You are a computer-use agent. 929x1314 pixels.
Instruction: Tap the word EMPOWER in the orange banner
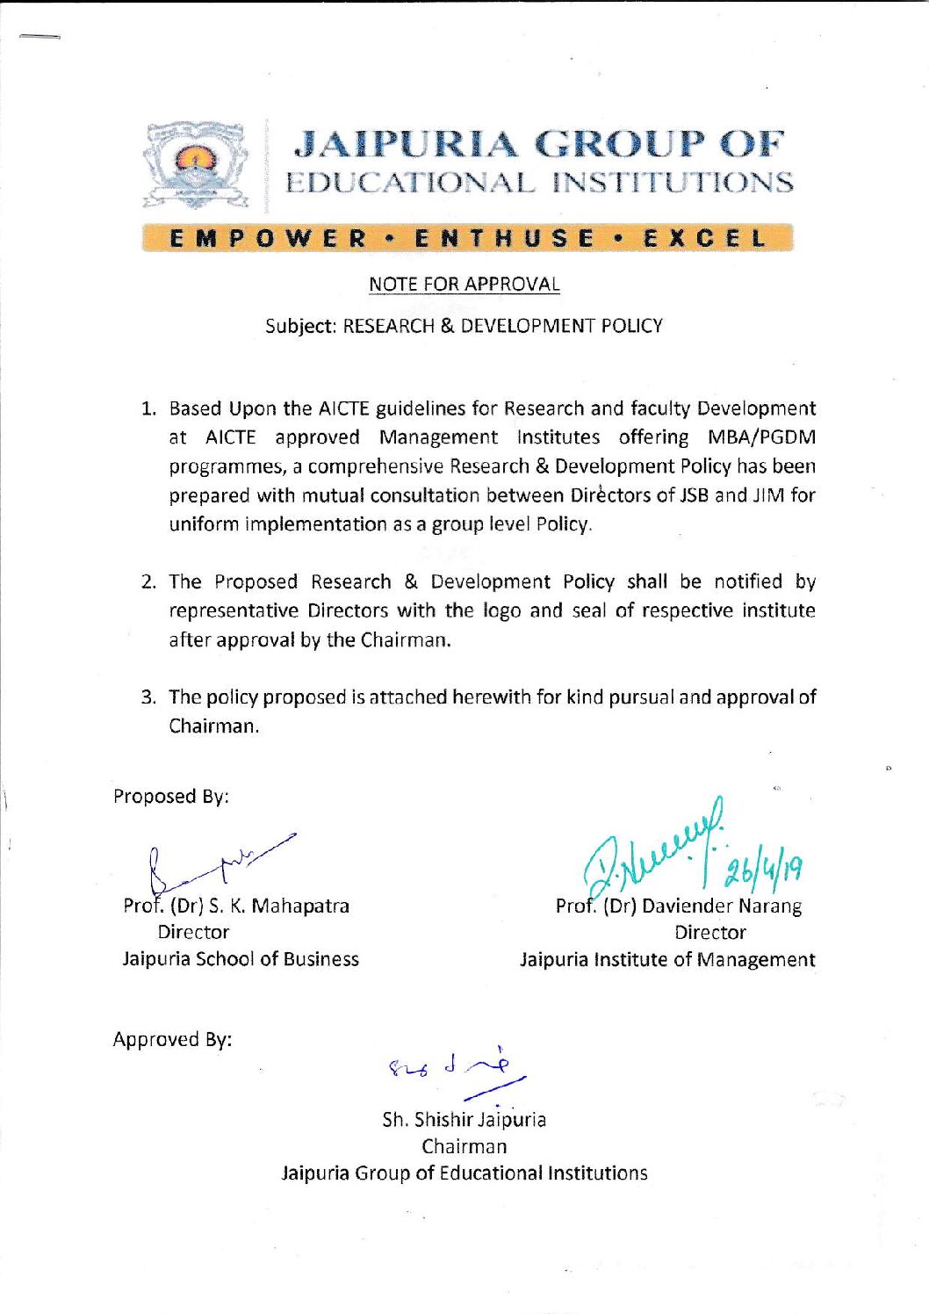tap(269, 239)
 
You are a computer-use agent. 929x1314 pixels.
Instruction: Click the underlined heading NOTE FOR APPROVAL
tap(464, 285)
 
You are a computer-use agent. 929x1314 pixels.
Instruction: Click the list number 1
tap(148, 409)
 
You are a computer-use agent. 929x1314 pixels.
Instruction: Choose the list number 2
tap(148, 582)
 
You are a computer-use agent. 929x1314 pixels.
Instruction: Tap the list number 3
tap(148, 698)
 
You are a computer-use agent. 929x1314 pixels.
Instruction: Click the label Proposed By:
tap(171, 797)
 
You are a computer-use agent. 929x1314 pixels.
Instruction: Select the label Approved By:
tap(172, 1040)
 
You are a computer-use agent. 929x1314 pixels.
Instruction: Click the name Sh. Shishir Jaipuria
tap(464, 1120)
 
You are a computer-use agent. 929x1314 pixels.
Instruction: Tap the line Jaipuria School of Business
tap(241, 959)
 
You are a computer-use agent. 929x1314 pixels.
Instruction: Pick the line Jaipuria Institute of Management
tap(667, 960)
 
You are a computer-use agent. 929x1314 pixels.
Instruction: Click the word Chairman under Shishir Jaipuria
tap(464, 1146)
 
